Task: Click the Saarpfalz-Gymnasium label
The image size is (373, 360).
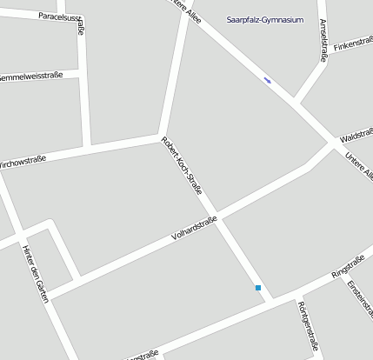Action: [x=265, y=19]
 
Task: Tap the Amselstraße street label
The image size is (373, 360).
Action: [x=323, y=41]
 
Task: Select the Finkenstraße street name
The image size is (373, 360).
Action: [x=353, y=43]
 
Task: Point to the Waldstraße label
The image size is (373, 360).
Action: [x=356, y=137]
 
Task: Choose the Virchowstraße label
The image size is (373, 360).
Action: [x=23, y=161]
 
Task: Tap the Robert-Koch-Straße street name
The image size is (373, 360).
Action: [x=182, y=167]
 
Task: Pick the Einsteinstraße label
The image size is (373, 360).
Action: [x=360, y=300]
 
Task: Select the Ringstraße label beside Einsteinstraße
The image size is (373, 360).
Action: [x=348, y=267]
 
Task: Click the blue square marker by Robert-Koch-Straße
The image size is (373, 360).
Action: [x=258, y=287]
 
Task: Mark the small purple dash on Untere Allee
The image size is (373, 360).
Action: [x=268, y=81]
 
